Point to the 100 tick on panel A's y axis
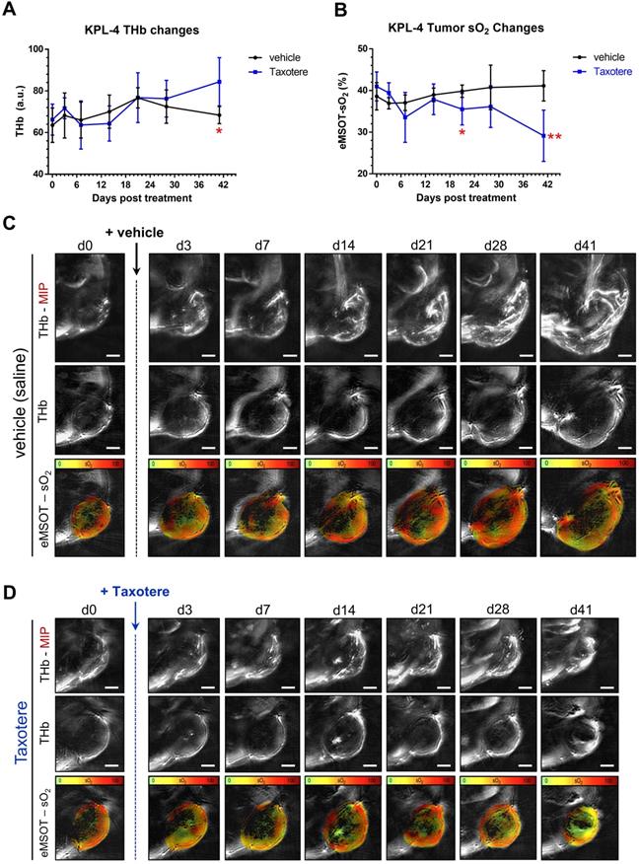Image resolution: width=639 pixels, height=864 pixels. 35,49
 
